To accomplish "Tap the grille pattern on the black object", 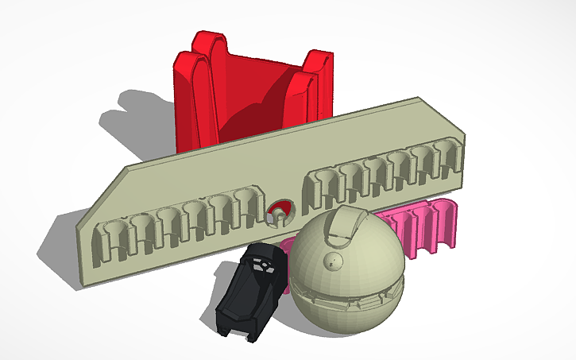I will coord(259,266).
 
